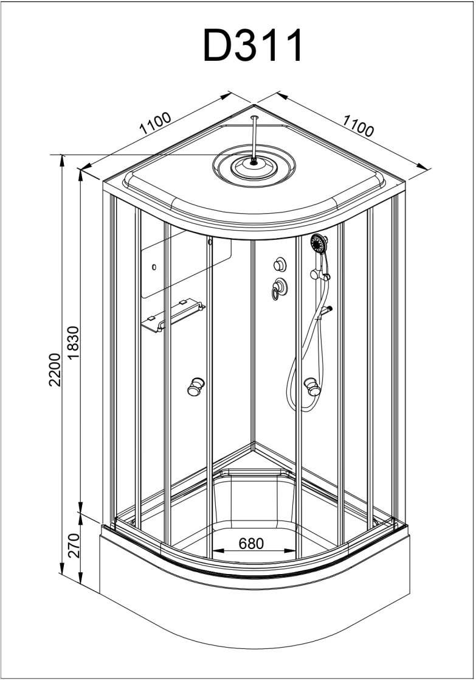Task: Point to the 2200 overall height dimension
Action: [54, 369]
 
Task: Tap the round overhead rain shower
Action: [253, 164]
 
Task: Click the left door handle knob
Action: [196, 386]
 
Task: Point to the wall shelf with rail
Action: [173, 315]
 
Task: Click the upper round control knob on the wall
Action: [280, 264]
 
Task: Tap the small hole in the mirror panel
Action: [154, 267]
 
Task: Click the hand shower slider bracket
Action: [326, 278]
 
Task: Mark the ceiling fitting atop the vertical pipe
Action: [254, 116]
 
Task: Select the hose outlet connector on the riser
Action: [329, 310]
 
